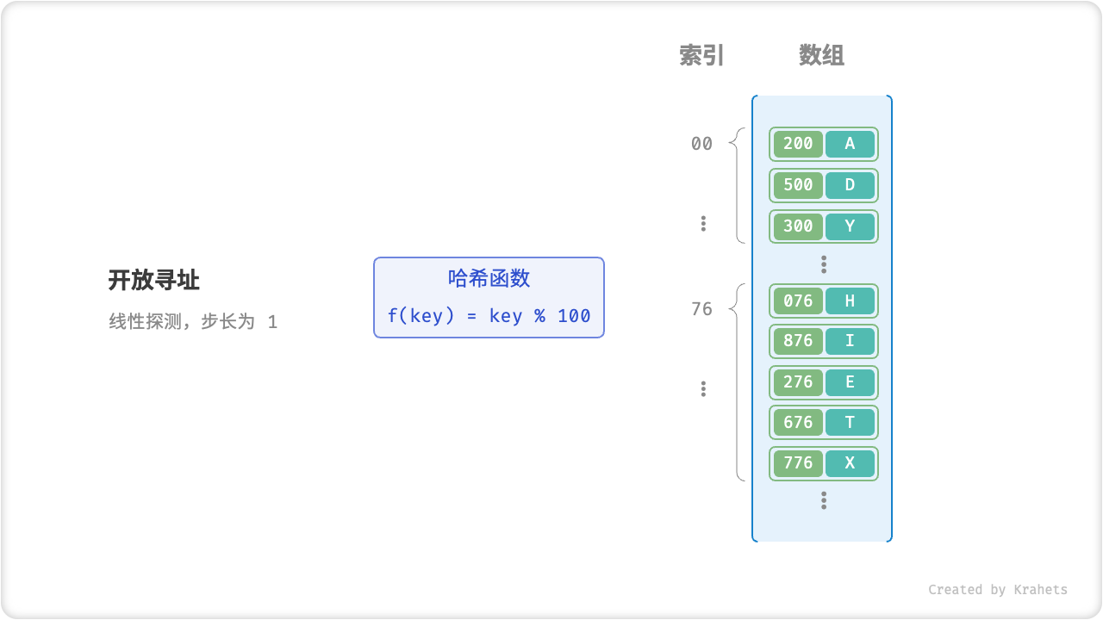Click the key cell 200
tap(798, 144)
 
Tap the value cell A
tap(850, 144)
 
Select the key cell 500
tap(798, 185)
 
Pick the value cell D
tap(850, 185)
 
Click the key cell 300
tap(798, 226)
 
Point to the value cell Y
tap(850, 226)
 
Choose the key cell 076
tap(798, 301)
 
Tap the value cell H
tap(850, 301)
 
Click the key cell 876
tap(798, 341)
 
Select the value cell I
tap(850, 341)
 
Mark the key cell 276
tap(798, 382)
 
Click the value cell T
tap(850, 423)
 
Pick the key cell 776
tap(798, 463)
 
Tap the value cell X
tap(850, 463)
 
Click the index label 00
tap(701, 144)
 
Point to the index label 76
tap(701, 309)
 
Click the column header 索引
tap(701, 56)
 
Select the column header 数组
tap(821, 56)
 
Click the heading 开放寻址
tap(154, 280)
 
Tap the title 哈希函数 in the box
tap(489, 278)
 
